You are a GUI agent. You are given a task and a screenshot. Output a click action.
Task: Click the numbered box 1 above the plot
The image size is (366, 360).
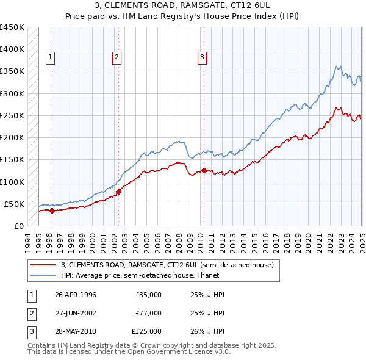[x=50, y=58]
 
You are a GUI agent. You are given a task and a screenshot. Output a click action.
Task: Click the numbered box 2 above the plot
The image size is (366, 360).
[x=117, y=58]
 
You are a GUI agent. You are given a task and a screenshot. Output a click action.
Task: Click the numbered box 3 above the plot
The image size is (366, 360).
[x=202, y=58]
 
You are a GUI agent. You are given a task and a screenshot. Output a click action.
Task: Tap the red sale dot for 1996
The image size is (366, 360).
[x=52, y=211]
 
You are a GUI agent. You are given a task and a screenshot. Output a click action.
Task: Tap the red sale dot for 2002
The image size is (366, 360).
[x=118, y=192]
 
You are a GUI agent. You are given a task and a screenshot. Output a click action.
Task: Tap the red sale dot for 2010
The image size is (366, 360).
[x=203, y=171]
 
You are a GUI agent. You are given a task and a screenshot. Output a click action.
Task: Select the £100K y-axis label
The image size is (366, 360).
[x=12, y=182]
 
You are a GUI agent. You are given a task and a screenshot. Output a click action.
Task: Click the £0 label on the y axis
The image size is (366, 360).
[x=18, y=226]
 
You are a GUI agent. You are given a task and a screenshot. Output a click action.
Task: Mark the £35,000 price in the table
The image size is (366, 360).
[x=148, y=295]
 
